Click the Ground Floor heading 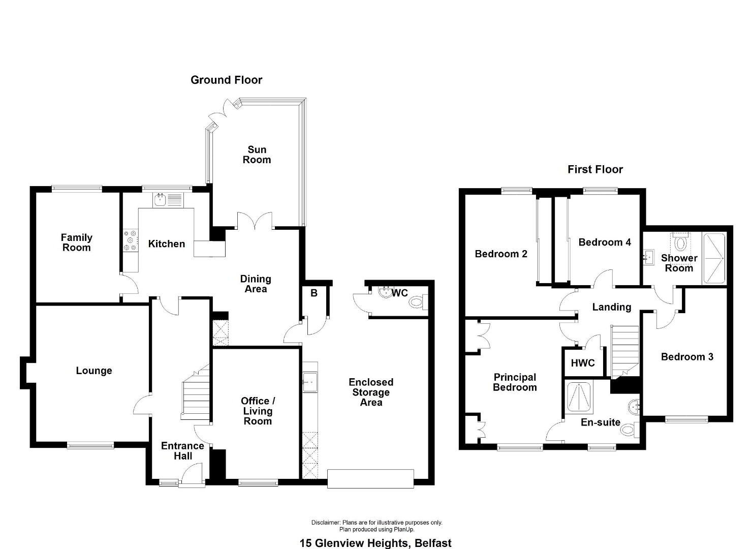click(x=226, y=80)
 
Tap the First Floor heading click(x=595, y=169)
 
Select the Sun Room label click(x=257, y=155)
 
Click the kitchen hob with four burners click(x=131, y=240)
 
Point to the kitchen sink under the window click(x=159, y=200)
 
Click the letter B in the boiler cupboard click(x=313, y=293)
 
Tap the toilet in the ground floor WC click(x=418, y=302)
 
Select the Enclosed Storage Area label click(x=371, y=392)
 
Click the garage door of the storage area click(x=370, y=479)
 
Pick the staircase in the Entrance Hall click(x=195, y=392)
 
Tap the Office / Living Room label click(x=258, y=411)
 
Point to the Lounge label click(x=94, y=371)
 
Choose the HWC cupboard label click(x=583, y=363)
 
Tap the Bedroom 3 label click(x=687, y=357)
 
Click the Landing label click(x=612, y=307)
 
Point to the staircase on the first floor click(x=625, y=351)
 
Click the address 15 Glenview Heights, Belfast click(x=375, y=543)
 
